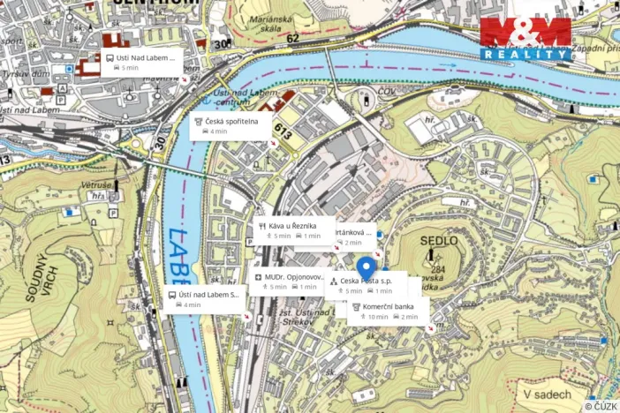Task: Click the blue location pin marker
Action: (x=367, y=267)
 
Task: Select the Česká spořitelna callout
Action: (x=231, y=125)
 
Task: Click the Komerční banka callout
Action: (x=388, y=312)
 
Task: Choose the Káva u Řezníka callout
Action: (x=294, y=230)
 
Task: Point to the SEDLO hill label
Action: (x=439, y=240)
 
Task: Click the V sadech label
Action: (x=547, y=394)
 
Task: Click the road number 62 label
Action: (x=293, y=40)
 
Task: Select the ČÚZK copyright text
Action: (x=601, y=406)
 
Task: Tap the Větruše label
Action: (x=95, y=186)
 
